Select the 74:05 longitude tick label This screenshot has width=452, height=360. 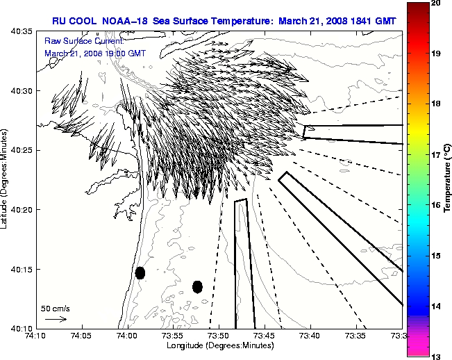82,336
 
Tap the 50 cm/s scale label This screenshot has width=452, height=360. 56,308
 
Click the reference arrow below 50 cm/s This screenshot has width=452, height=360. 56,319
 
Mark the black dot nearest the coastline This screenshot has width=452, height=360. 140,272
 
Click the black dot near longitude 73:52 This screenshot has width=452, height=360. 197,286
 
